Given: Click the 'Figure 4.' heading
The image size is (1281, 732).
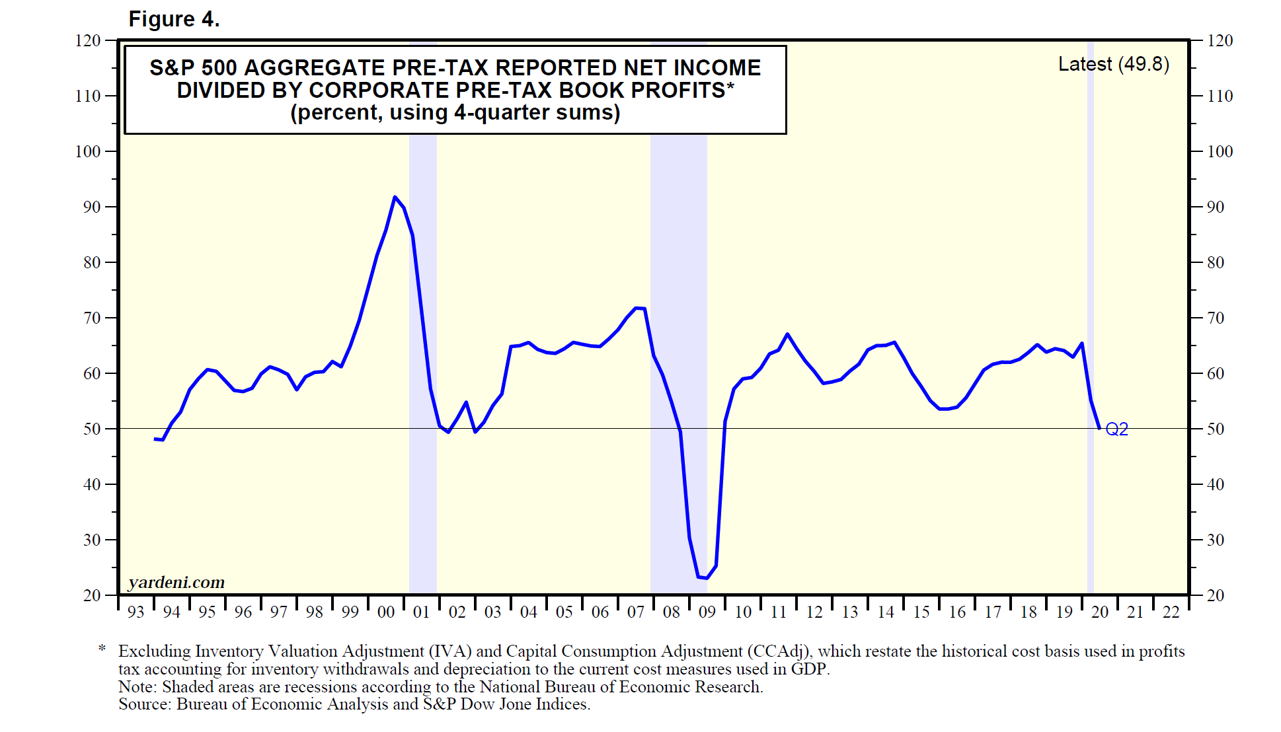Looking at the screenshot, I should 174,19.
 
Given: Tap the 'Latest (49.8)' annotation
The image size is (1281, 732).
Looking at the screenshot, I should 1113,64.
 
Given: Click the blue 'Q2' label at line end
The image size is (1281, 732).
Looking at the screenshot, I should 1116,429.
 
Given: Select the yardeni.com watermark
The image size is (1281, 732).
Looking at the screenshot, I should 176,582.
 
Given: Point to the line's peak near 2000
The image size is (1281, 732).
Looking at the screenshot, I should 395,197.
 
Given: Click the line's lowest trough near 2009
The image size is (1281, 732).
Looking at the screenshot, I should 706,578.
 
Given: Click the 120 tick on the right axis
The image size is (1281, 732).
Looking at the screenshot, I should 1220,40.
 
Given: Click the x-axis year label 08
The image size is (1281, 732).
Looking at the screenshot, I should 671,612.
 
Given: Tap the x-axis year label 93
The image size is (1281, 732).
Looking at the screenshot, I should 136,612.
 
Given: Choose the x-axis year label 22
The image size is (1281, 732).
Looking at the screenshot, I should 1171,612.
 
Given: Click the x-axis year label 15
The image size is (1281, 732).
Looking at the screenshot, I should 921,612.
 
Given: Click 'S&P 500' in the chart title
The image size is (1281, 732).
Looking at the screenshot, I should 193,68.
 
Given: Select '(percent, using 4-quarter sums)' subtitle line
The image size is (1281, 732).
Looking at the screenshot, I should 455,112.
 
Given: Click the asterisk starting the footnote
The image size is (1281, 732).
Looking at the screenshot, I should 102,649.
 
